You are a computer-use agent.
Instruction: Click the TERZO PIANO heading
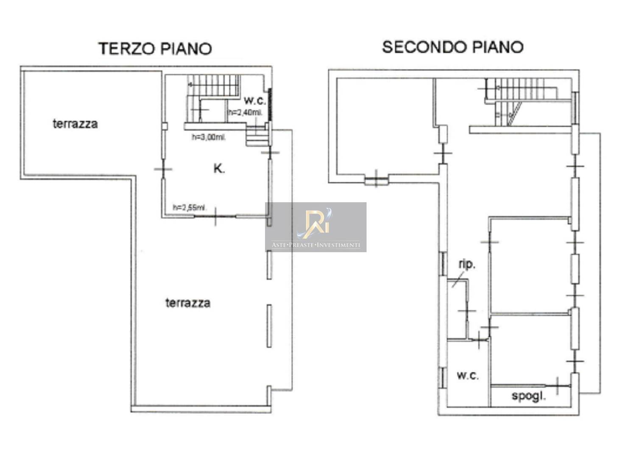pyautogui.click(x=155, y=48)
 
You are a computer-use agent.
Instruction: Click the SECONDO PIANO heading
pyautogui.click(x=452, y=47)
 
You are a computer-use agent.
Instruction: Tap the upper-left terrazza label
pyautogui.click(x=75, y=124)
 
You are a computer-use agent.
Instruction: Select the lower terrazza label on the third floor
pyautogui.click(x=188, y=303)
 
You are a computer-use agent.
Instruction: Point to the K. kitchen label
pyautogui.click(x=219, y=169)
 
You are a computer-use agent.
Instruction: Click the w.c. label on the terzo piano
pyautogui.click(x=255, y=100)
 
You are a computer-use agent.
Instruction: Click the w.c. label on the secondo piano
pyautogui.click(x=468, y=376)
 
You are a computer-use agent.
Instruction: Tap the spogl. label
pyautogui.click(x=529, y=396)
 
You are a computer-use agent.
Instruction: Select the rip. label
pyautogui.click(x=467, y=265)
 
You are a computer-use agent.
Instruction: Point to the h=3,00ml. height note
pyautogui.click(x=209, y=137)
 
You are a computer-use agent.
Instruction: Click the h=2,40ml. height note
pyautogui.click(x=245, y=113)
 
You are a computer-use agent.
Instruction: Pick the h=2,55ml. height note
pyautogui.click(x=190, y=208)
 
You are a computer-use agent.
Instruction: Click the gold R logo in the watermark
pyautogui.click(x=314, y=223)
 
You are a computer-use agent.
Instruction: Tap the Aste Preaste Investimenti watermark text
pyautogui.click(x=316, y=245)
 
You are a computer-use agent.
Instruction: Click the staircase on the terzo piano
pyautogui.click(x=214, y=98)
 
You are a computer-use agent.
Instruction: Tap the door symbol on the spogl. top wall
pyautogui.click(x=558, y=386)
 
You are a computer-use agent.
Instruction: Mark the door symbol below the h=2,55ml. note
pyautogui.click(x=215, y=217)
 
